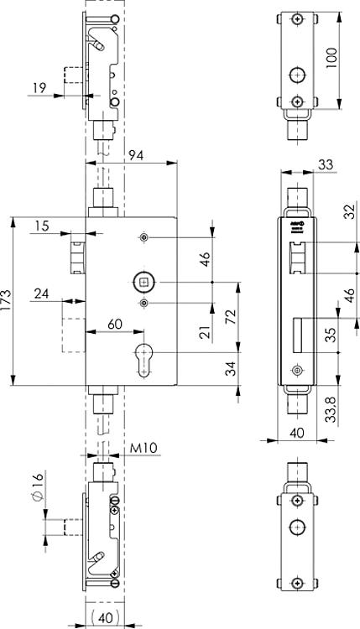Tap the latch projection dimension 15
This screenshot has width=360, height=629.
42,225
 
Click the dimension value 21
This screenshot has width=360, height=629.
204,333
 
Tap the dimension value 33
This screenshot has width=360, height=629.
325,166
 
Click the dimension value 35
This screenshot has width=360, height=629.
330,335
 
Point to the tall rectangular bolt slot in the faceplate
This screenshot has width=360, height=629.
296,335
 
